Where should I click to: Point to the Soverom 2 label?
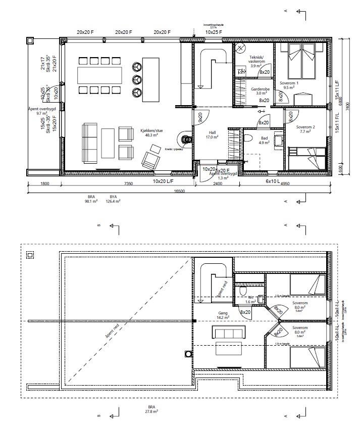click(305, 129)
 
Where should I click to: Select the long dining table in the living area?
click(99, 75)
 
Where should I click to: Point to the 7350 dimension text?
click(128, 184)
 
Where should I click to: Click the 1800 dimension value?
click(45, 184)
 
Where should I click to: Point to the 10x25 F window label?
click(215, 32)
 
